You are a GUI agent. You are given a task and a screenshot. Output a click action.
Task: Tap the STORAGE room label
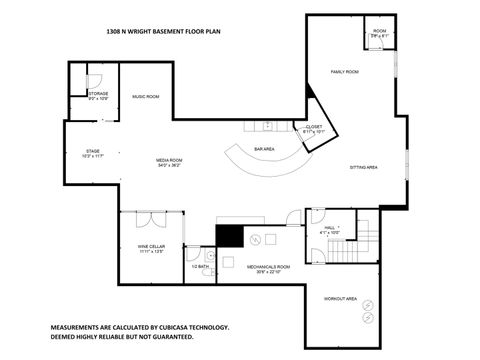click(x=98, y=95)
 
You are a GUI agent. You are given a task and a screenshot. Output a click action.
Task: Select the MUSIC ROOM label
click(x=146, y=96)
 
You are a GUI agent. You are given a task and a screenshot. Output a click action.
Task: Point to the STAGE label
click(x=92, y=154)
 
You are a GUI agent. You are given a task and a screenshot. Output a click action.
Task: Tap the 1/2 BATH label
click(x=200, y=267)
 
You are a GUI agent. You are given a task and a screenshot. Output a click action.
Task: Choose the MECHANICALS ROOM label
click(x=268, y=268)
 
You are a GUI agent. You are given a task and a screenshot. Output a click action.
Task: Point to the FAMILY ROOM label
click(x=346, y=72)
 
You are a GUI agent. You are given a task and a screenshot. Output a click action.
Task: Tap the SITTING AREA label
click(x=363, y=167)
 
